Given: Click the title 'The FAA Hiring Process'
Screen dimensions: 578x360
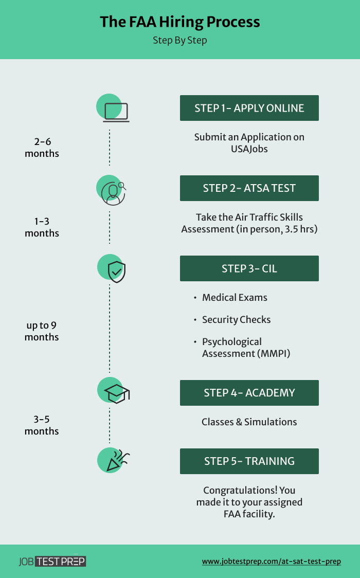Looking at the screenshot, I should click(179, 22).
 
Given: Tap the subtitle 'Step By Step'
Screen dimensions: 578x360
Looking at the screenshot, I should click(179, 40).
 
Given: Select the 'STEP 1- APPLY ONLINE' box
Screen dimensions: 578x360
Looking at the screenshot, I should click(249, 108).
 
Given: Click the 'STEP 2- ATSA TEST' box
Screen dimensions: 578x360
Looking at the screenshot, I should click(249, 188).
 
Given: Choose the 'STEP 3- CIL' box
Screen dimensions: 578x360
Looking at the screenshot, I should click(249, 268).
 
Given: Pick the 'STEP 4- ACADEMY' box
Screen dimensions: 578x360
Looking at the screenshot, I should click(249, 393).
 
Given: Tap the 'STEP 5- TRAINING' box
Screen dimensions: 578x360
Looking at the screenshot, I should click(249, 461).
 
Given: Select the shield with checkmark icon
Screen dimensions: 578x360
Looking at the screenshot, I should click(115, 270).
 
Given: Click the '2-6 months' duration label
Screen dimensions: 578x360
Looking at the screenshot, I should click(42, 148).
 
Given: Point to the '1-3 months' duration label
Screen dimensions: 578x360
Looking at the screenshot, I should click(42, 227).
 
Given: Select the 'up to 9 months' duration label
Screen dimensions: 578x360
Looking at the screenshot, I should click(42, 331).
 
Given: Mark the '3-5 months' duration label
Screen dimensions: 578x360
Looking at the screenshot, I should click(42, 425).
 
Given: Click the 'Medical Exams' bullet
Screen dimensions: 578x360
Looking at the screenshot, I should click(235, 298).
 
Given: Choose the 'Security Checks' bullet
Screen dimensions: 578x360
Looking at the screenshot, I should click(236, 320).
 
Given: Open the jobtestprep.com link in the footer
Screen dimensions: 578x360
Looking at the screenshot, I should click(271, 562).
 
